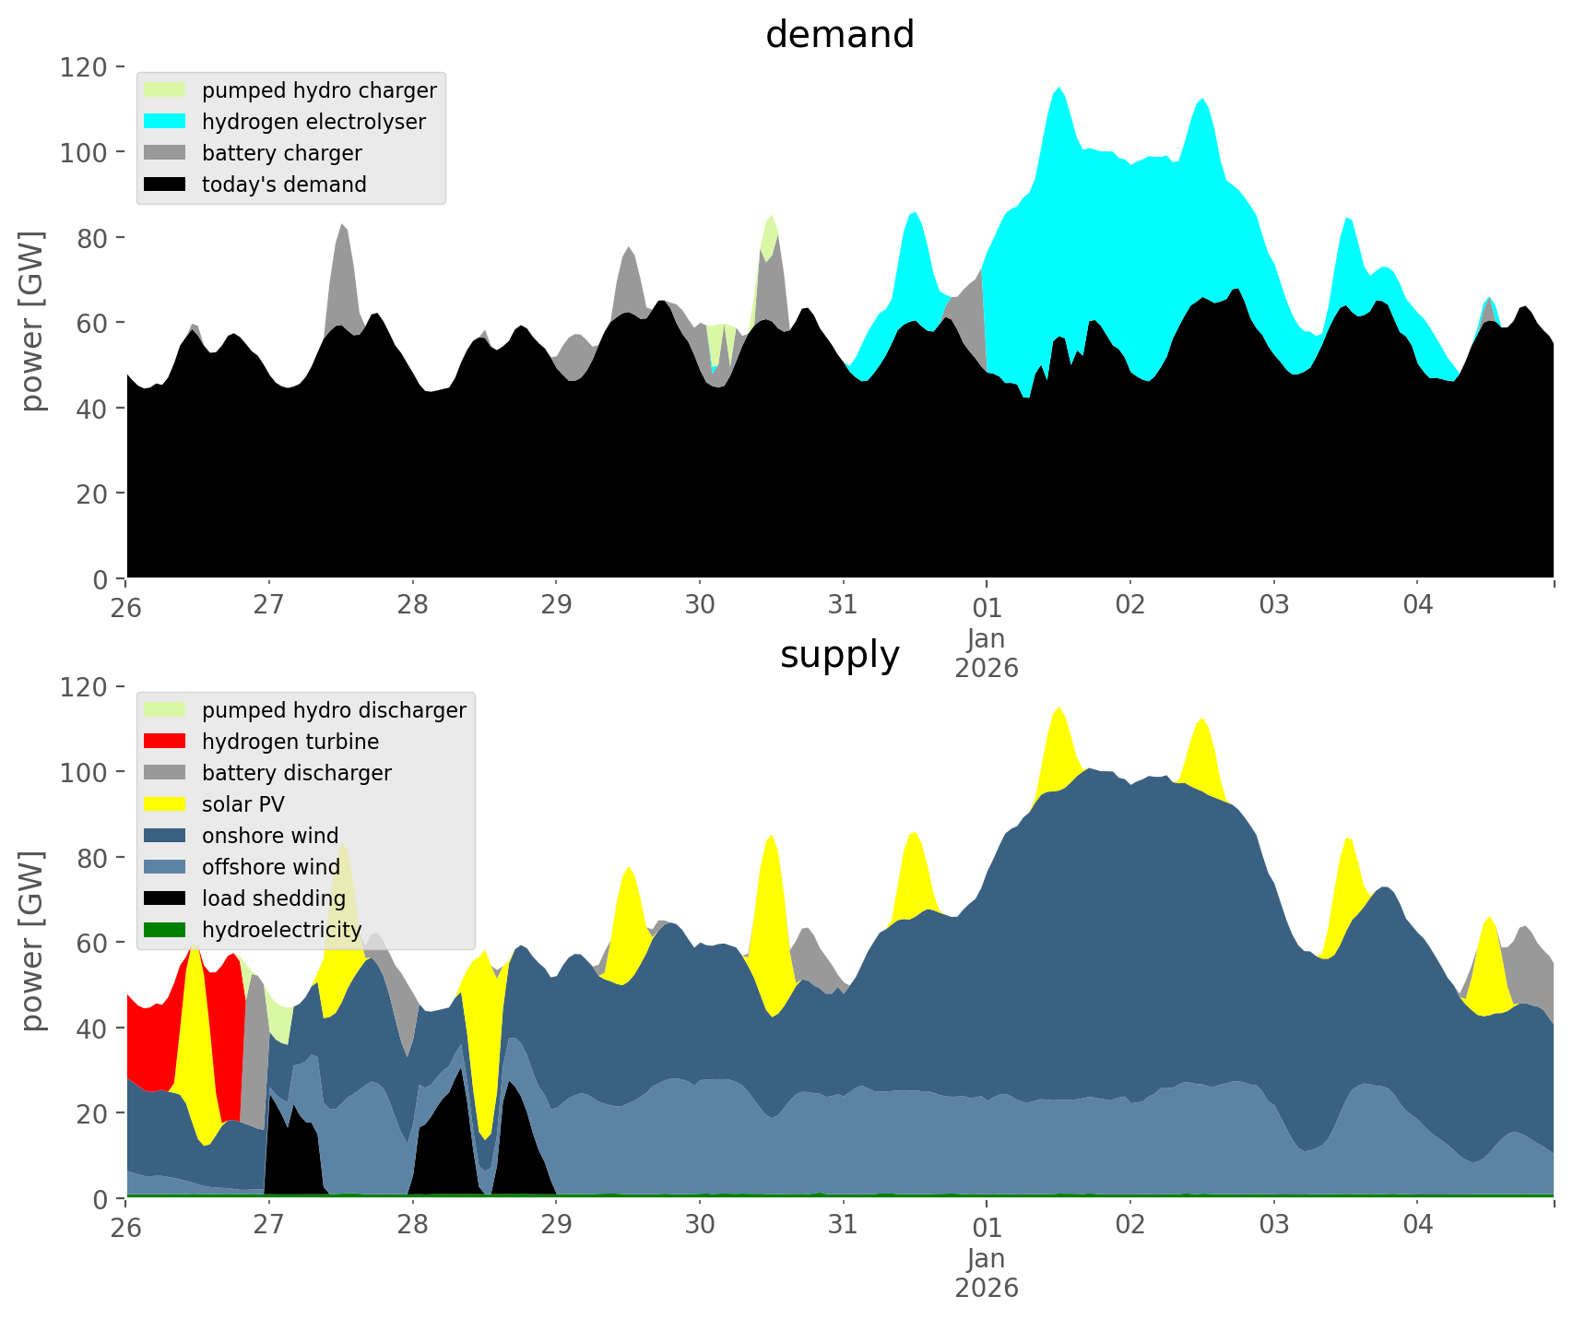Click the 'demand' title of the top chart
[839, 35]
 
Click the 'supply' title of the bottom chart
[839, 655]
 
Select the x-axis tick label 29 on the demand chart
[556, 605]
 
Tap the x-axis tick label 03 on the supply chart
[1274, 1225]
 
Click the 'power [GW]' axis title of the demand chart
[33, 321]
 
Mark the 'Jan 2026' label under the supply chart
[987, 1273]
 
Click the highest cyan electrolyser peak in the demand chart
[1059, 89]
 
